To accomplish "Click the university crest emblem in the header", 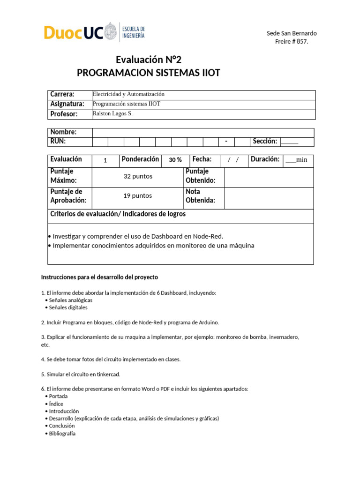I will pyautogui.click(x=110, y=32).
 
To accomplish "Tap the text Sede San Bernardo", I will pyautogui.click(x=292, y=33).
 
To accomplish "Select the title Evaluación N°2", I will pyautogui.click(x=148, y=60).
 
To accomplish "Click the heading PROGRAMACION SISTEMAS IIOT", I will pyautogui.click(x=148, y=73).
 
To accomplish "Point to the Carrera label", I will pyautogui.click(x=62, y=95).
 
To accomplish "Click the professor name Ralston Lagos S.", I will pyautogui.click(x=113, y=113).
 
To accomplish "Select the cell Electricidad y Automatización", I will pyautogui.click(x=129, y=94).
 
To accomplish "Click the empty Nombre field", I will pyautogui.click(x=202, y=133).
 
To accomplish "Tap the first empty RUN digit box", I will pyautogui.click(x=100, y=142).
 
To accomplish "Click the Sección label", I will pyautogui.click(x=265, y=141).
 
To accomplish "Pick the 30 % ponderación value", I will pyautogui.click(x=175, y=160).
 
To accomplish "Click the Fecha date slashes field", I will pyautogui.click(x=233, y=160).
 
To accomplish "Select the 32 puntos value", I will pyautogui.click(x=138, y=177).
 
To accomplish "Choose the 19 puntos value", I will pyautogui.click(x=138, y=196).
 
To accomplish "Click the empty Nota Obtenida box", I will pyautogui.click(x=269, y=196).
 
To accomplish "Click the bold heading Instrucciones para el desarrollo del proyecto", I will pyautogui.click(x=99, y=277).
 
